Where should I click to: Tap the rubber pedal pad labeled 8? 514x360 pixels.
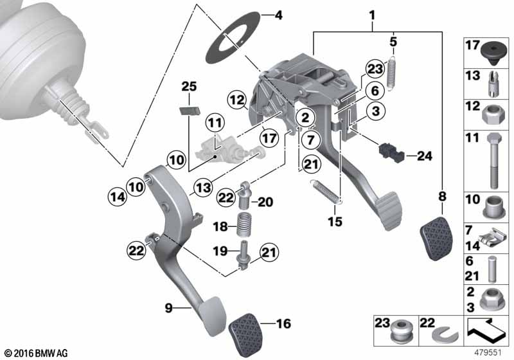(436, 239)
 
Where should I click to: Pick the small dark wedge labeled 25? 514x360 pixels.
(190, 111)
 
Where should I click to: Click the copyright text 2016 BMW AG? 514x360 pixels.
(37, 354)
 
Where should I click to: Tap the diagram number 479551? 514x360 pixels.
(488, 353)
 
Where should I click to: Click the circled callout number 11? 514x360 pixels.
(215, 123)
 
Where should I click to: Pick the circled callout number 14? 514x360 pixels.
(118, 197)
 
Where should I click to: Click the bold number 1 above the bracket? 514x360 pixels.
(372, 15)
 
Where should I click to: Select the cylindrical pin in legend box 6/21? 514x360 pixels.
(491, 269)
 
